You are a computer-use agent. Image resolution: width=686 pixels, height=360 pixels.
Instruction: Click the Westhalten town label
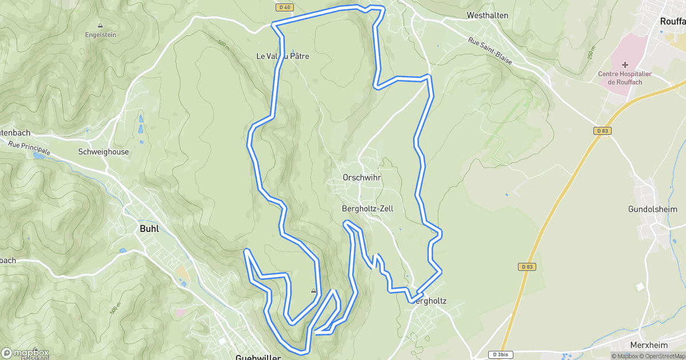[x=487, y=15]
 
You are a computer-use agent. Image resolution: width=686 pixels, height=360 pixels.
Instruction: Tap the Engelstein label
[x=100, y=34]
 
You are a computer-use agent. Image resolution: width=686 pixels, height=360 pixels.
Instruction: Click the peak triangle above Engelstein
[x=100, y=25]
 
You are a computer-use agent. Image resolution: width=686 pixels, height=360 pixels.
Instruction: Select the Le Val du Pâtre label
[x=282, y=57]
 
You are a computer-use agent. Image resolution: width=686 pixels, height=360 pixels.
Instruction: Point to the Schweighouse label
[x=103, y=152]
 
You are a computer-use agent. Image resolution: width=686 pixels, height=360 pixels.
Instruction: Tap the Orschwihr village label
[x=361, y=178]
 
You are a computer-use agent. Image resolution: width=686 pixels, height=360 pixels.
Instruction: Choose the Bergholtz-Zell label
[x=367, y=209]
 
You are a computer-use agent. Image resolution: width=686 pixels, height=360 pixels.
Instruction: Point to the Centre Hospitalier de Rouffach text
[x=624, y=78]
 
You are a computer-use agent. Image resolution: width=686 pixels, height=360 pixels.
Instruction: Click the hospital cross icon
[x=625, y=65]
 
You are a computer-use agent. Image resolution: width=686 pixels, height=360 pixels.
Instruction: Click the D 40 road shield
[x=284, y=7]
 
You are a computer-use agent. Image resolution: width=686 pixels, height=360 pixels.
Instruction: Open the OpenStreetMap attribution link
[x=664, y=356]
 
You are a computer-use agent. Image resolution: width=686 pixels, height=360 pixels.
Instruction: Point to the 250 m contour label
[x=591, y=56]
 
